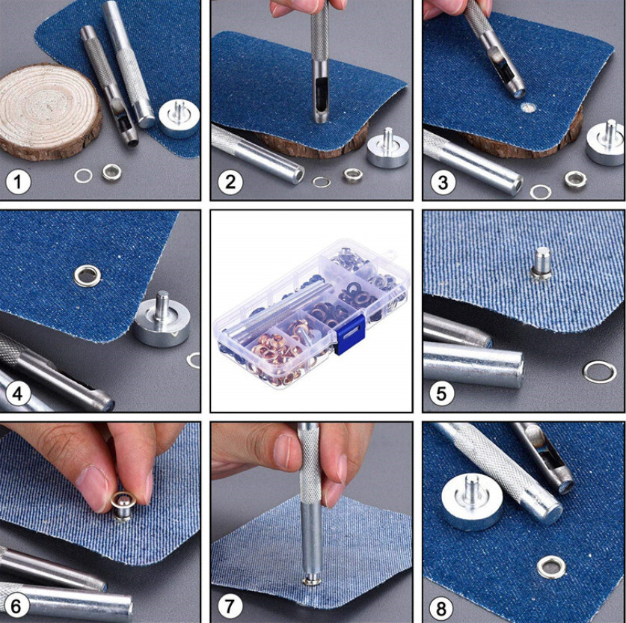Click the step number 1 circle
[x=18, y=182]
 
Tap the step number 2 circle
[x=230, y=182]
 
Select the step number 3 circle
[x=443, y=182]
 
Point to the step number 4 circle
[x=18, y=394]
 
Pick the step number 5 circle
[x=441, y=393]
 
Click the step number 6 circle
[x=16, y=607]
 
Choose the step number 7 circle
[x=230, y=607]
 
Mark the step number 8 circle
[x=441, y=609]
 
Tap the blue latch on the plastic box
[x=350, y=334]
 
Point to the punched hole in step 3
[x=529, y=107]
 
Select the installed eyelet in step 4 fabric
[x=87, y=276]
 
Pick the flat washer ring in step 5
[x=600, y=372]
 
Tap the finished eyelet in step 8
[x=551, y=568]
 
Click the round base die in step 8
[x=472, y=502]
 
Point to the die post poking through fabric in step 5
[x=541, y=264]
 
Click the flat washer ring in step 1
[x=83, y=176]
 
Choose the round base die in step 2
[x=387, y=150]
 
